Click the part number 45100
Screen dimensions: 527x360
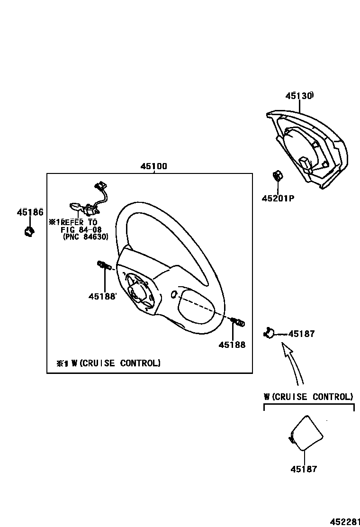[x=153, y=167]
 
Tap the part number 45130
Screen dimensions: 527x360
[x=299, y=96]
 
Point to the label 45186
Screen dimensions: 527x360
[x=30, y=212]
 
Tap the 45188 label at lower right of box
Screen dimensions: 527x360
[x=232, y=345]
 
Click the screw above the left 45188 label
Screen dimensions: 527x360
[x=104, y=266]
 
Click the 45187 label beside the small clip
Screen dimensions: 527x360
[x=301, y=334]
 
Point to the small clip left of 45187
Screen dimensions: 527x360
[x=269, y=333]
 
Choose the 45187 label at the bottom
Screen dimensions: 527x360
[x=304, y=469]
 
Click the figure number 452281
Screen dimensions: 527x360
[x=344, y=520]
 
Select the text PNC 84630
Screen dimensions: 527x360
[x=85, y=237]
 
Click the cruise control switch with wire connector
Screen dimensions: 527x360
[x=88, y=201]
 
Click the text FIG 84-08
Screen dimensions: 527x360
[x=81, y=230]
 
